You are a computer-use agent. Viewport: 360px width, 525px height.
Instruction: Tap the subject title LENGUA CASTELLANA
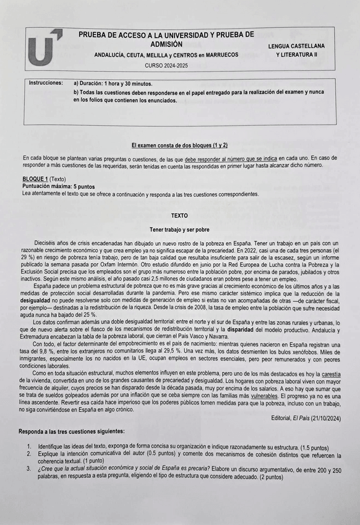pos(296,46)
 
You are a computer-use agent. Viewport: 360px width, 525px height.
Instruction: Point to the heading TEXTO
pos(179,216)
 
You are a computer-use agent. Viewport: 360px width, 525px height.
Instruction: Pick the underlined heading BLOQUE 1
pos(35,179)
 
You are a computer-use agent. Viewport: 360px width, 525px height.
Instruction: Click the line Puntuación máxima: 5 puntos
pos(58,186)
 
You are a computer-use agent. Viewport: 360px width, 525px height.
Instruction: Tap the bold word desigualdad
pos(40,299)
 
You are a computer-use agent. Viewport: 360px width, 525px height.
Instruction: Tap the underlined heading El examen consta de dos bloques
pos(179,145)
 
